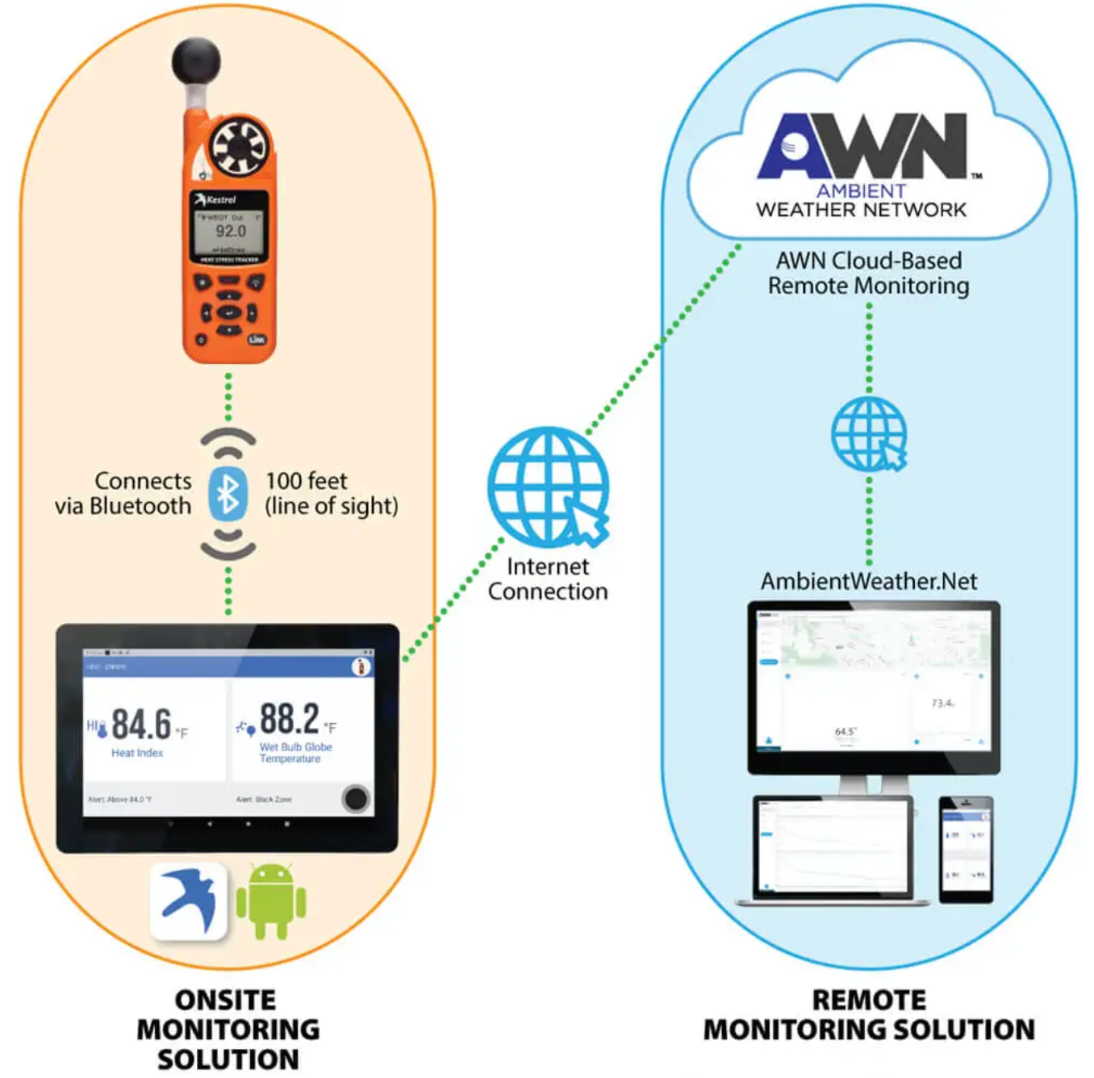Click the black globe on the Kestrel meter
[x=196, y=61]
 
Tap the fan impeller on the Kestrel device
[x=238, y=147]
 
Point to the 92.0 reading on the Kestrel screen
[x=230, y=232]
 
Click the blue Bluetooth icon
[x=228, y=494]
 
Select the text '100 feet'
[x=307, y=481]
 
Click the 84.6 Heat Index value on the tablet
[x=141, y=724]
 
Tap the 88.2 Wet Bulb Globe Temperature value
[x=290, y=718]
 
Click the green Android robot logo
[x=271, y=900]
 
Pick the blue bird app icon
[x=189, y=900]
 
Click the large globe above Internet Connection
[x=548, y=487]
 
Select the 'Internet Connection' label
[x=548, y=579]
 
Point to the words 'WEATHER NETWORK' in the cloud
[x=861, y=210]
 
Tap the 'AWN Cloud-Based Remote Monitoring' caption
[x=868, y=273]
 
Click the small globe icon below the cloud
[x=869, y=434]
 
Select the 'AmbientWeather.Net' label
[x=869, y=581]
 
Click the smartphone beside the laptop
[x=966, y=849]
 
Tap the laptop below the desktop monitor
[x=833, y=849]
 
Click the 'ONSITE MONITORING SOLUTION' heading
[x=228, y=1030]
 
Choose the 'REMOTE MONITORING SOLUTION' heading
[x=869, y=1015]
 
